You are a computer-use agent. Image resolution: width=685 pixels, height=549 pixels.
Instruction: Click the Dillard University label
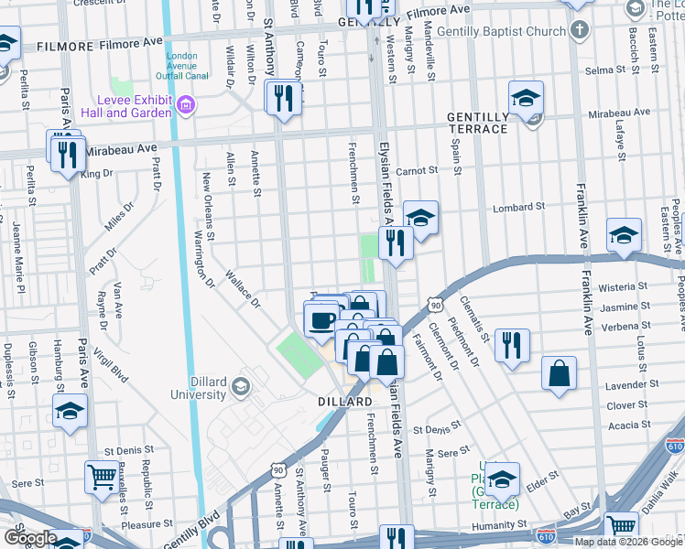[x=197, y=388]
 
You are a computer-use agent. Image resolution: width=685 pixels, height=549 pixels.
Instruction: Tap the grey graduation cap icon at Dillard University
[x=240, y=387]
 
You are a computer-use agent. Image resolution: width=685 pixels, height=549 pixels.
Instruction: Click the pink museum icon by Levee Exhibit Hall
[x=187, y=106]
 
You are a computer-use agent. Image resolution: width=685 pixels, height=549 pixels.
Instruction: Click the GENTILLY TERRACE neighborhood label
[x=477, y=123]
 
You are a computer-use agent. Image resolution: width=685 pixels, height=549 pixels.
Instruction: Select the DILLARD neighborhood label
[x=345, y=402]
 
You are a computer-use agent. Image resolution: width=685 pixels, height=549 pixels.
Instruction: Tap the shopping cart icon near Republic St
[x=101, y=475]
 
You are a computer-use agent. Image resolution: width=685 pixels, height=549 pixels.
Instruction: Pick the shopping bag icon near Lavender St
[x=559, y=372]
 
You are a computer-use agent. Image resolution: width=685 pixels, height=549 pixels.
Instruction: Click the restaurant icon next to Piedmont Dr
[x=512, y=345]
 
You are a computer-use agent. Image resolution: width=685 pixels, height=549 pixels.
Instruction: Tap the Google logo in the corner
[x=30, y=538]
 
